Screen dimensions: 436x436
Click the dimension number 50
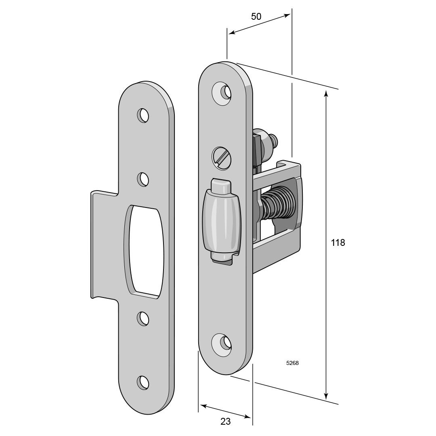point(256,17)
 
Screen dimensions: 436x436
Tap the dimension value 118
point(338,243)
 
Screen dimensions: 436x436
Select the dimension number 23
point(226,421)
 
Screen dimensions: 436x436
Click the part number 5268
point(292,363)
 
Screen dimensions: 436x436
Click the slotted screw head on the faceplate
point(222,157)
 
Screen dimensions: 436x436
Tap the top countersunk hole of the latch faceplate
point(222,93)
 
